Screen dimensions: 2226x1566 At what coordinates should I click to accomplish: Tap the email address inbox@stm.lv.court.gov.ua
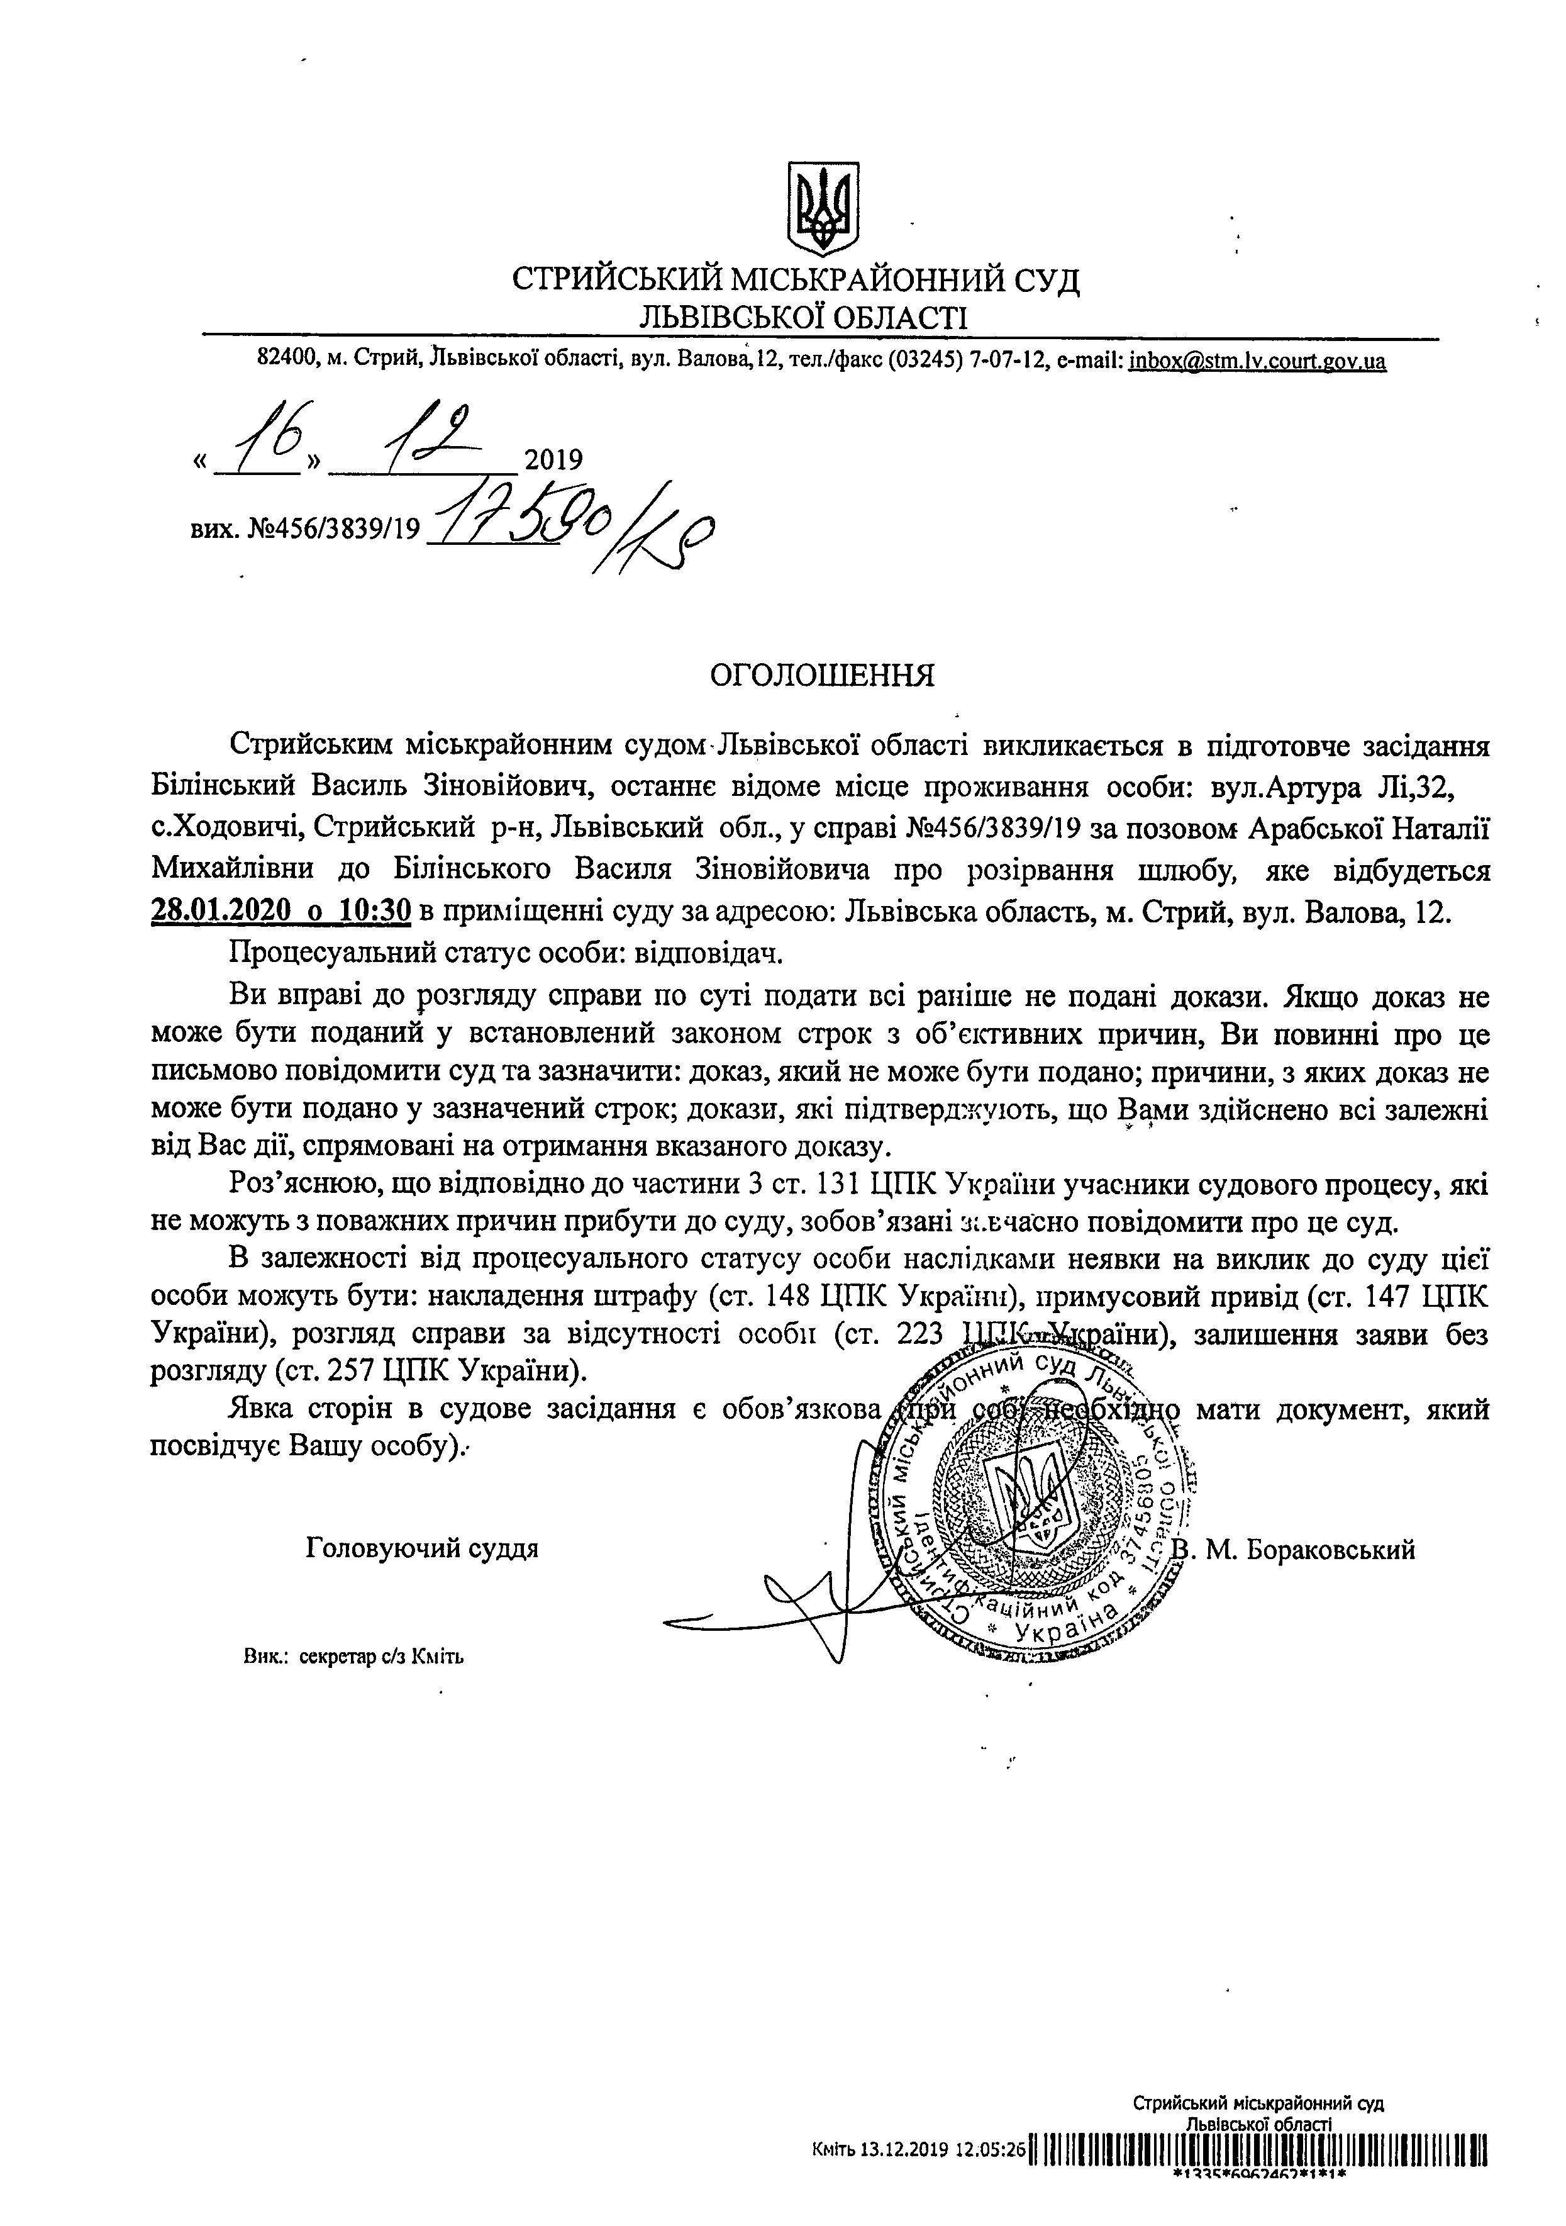tap(1257, 362)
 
